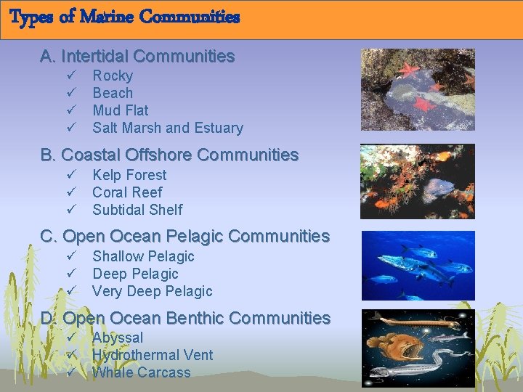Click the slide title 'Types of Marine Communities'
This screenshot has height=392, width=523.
[x=124, y=17]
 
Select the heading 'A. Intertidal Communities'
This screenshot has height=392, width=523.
[x=137, y=56]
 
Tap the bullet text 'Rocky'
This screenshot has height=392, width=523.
[x=113, y=75]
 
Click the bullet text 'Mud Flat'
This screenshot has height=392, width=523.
[x=120, y=110]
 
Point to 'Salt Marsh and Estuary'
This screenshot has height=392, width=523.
[x=167, y=128]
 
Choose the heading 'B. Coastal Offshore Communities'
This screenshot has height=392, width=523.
[x=169, y=155]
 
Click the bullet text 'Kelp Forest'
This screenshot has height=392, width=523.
[x=129, y=175]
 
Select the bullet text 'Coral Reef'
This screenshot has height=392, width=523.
[x=127, y=192]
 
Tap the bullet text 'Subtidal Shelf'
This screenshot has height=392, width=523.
[x=137, y=210]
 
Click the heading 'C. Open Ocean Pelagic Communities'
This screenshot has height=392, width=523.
[x=185, y=236]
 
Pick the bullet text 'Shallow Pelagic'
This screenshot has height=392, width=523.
[x=143, y=256]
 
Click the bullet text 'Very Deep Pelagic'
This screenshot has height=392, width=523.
[x=152, y=291]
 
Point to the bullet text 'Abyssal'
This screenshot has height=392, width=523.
[x=118, y=338]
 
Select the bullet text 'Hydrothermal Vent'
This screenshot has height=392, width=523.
[x=153, y=355]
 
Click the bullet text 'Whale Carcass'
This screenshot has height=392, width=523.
[x=141, y=372]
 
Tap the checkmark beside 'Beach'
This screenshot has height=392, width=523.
[x=71, y=93]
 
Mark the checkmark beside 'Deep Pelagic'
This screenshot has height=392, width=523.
[x=71, y=274]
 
